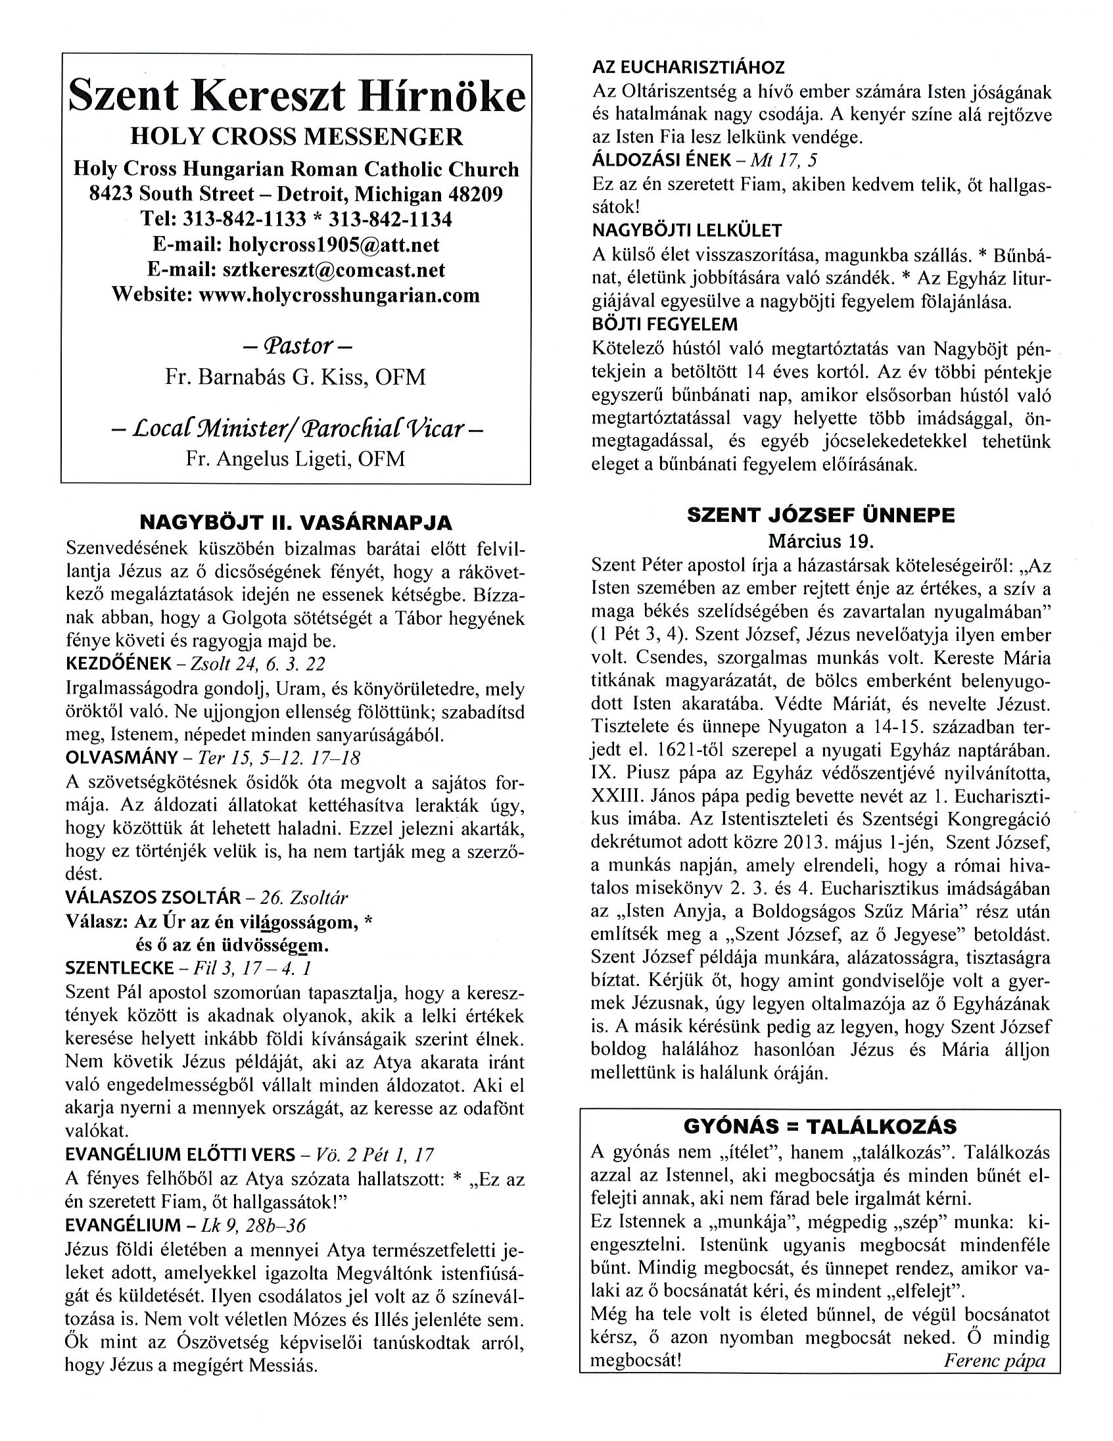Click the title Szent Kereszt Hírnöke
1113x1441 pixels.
pyautogui.click(x=296, y=97)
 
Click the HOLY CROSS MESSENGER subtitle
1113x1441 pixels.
pyautogui.click(x=296, y=137)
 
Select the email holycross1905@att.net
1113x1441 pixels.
pyautogui.click(x=333, y=245)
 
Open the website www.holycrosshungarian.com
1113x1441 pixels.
pyautogui.click(x=339, y=295)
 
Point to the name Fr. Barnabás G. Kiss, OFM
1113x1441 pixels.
pyautogui.click(x=295, y=377)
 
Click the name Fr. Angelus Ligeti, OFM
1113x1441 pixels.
pyautogui.click(x=295, y=459)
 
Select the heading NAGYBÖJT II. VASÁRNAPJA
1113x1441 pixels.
pyautogui.click(x=296, y=523)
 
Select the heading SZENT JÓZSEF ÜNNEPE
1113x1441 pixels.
pyautogui.click(x=820, y=515)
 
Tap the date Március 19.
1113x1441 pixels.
pyautogui.click(x=820, y=542)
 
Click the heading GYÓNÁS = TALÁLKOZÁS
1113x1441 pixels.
pyautogui.click(x=820, y=1125)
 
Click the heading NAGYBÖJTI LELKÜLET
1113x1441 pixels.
pyautogui.click(x=687, y=231)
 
